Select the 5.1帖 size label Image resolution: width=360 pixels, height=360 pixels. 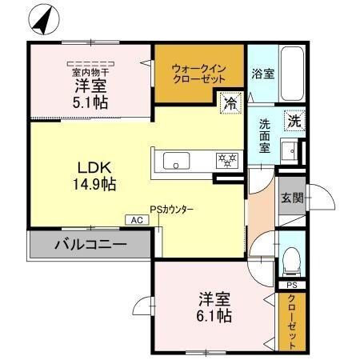click(90, 102)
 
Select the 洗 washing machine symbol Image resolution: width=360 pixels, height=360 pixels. click(294, 122)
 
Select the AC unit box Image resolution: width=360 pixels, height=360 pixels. click(135, 219)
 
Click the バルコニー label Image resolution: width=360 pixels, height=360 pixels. click(90, 243)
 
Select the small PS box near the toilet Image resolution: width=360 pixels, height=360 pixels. click(291, 285)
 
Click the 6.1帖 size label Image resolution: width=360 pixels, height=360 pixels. click(215, 315)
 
